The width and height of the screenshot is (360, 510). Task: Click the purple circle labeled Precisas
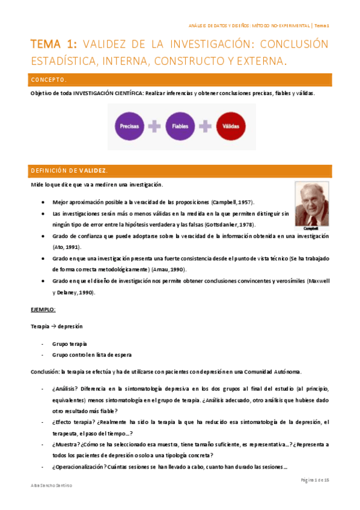coord(130,127)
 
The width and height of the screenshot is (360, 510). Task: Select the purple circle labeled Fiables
coord(180,127)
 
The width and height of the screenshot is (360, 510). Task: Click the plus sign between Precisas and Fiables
coord(155,127)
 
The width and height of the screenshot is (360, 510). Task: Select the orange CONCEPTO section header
coord(180,80)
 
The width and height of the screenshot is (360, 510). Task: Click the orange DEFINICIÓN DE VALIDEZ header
coord(180,171)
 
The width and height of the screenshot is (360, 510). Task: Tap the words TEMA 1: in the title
coord(53,45)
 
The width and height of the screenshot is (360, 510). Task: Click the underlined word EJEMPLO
coord(43,309)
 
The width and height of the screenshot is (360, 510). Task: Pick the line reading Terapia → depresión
coord(56,326)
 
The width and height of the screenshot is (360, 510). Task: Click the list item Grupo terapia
coord(70,343)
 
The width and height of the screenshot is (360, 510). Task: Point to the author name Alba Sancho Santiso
coord(53,485)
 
